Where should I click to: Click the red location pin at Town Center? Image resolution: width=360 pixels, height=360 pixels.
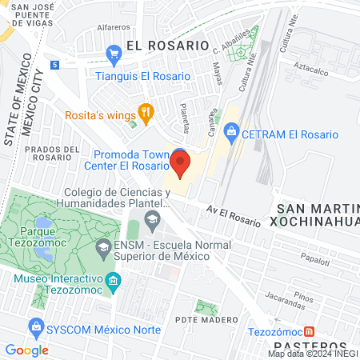(179, 164)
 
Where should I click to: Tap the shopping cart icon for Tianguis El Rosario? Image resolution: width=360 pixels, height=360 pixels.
(114, 55)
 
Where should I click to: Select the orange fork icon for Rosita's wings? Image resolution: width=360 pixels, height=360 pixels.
(146, 113)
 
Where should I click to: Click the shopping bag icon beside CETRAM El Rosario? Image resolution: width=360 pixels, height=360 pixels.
(231, 130)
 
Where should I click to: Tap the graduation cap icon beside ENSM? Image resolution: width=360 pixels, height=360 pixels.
(103, 247)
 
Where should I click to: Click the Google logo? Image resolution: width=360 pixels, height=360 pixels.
(26, 350)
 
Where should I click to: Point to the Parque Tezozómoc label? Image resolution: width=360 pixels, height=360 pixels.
(38, 239)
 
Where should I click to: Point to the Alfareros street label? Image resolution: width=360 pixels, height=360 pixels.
(113, 27)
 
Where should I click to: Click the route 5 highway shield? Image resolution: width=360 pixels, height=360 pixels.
(54, 63)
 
